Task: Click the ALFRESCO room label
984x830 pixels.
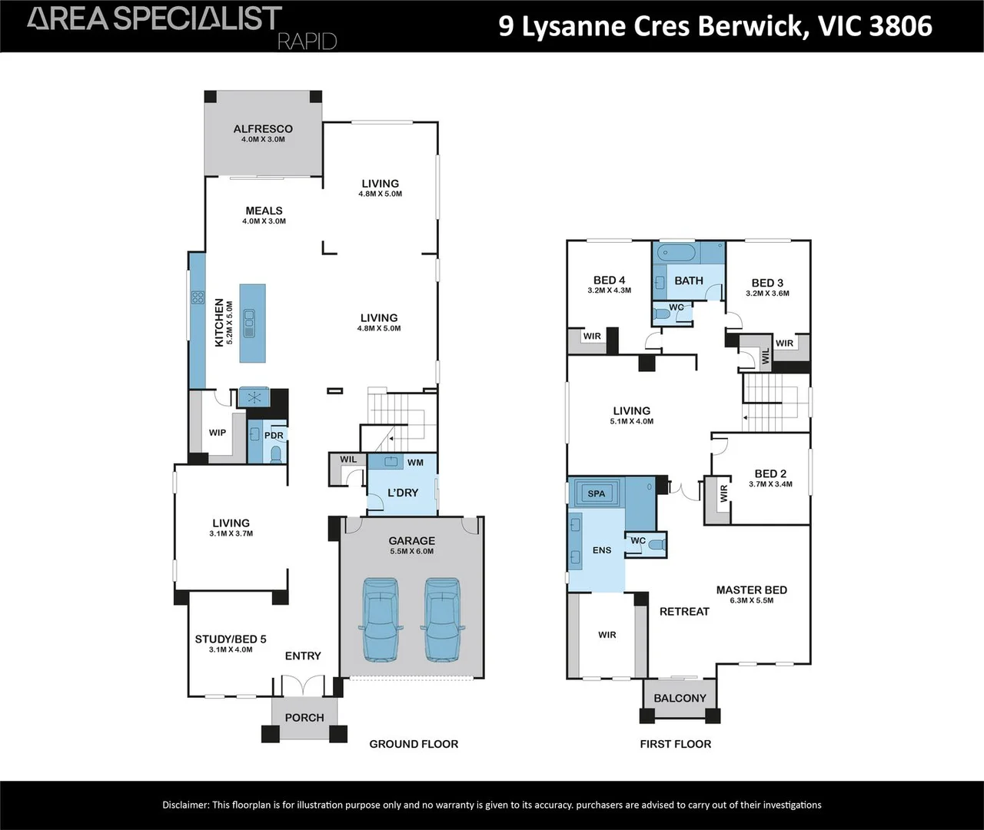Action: (263, 128)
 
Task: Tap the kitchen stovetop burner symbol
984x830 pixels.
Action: (198, 297)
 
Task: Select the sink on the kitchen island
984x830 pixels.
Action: (249, 323)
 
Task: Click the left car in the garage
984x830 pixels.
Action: (381, 619)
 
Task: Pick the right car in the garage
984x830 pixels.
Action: (443, 619)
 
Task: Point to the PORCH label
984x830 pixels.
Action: (304, 718)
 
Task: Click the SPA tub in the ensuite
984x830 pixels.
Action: (596, 493)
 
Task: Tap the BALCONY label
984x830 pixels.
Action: (680, 698)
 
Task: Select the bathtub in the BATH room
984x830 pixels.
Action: (676, 254)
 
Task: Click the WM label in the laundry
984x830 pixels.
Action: (415, 463)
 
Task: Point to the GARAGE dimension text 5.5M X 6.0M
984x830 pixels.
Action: (412, 551)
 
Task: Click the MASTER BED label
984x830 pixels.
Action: (752, 589)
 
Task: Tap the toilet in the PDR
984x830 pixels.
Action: (276, 454)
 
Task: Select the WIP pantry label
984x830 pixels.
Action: (218, 433)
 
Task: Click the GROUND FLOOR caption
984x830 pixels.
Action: (414, 744)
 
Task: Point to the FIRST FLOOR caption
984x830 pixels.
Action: (675, 744)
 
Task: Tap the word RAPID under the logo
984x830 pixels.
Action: (307, 42)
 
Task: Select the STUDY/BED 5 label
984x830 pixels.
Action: (231, 639)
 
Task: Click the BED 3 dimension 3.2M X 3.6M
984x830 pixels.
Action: (767, 293)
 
